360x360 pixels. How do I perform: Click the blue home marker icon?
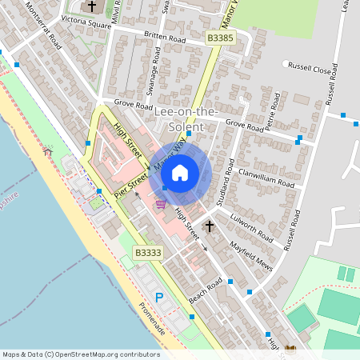coord(180,173)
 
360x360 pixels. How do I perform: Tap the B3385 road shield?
coord(221,38)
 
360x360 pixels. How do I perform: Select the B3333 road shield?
coord(148,253)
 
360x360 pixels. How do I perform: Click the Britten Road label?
coord(165,38)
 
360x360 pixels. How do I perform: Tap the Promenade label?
coord(152,318)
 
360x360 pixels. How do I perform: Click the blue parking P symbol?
coord(158,297)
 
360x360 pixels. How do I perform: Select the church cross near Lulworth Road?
coord(210,227)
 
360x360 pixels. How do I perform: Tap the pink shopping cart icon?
coord(162,204)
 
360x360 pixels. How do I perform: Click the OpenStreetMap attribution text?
coord(80,354)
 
